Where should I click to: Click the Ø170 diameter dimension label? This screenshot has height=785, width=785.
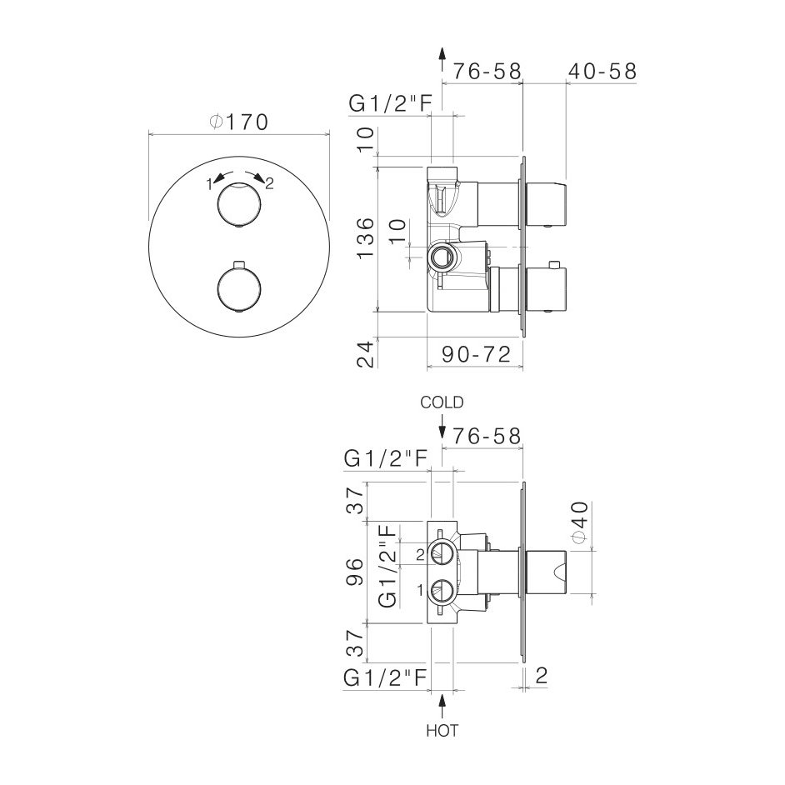click(238, 122)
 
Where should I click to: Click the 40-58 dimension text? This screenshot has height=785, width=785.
click(602, 72)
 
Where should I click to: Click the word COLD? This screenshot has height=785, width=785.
click(442, 402)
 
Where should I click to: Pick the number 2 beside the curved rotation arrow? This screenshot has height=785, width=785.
click(269, 184)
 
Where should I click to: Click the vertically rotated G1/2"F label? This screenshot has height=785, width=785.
click(389, 566)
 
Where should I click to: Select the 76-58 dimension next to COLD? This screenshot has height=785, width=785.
click(487, 435)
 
